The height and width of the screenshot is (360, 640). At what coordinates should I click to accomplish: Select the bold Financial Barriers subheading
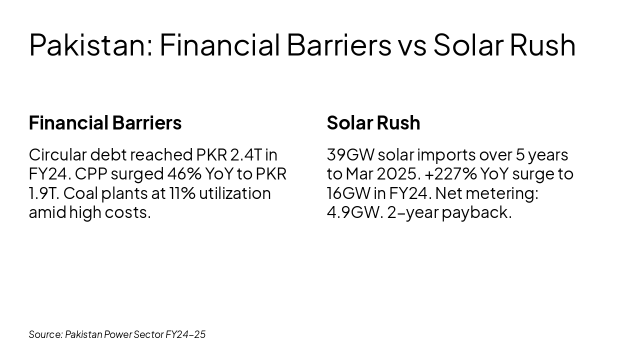point(105,123)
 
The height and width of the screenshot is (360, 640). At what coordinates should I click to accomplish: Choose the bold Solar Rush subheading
point(373,123)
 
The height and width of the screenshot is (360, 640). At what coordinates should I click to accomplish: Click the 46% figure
point(184,174)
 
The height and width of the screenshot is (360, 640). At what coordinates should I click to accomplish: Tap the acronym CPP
point(90,174)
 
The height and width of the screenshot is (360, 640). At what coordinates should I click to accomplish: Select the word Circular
point(57,155)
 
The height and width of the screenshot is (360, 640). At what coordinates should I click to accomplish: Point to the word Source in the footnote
point(45,334)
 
